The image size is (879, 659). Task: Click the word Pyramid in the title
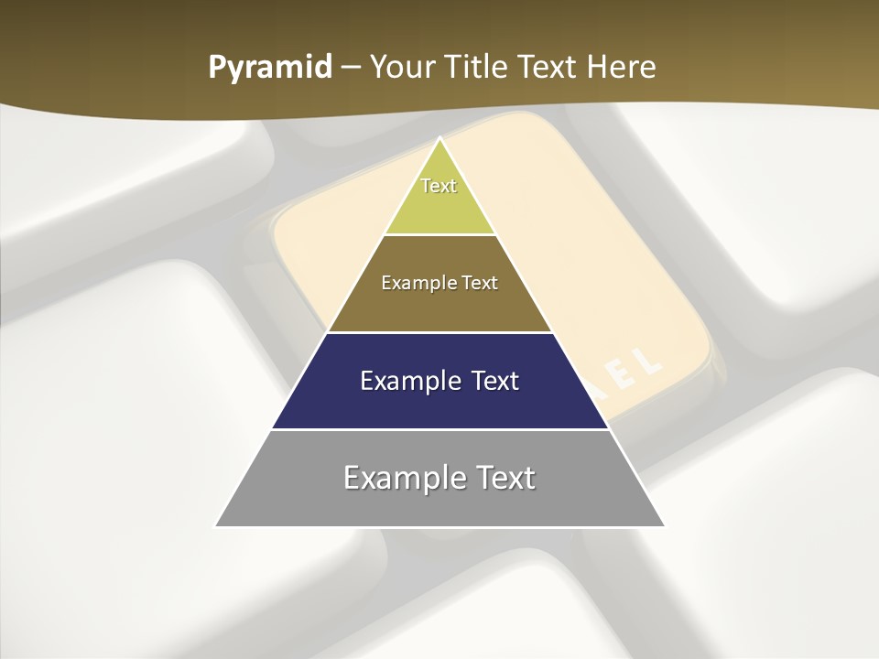[269, 67]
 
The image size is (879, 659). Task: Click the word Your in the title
[402, 67]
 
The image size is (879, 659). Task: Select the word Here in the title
[620, 67]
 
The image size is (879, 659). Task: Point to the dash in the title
[350, 68]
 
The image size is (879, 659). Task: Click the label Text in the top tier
[439, 186]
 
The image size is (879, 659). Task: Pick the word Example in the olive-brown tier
[416, 283]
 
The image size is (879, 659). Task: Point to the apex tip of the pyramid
[440, 139]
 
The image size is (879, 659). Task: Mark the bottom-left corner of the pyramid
[216, 526]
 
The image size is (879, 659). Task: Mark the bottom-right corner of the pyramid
[664, 526]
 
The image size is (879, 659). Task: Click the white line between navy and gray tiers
[440, 429]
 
